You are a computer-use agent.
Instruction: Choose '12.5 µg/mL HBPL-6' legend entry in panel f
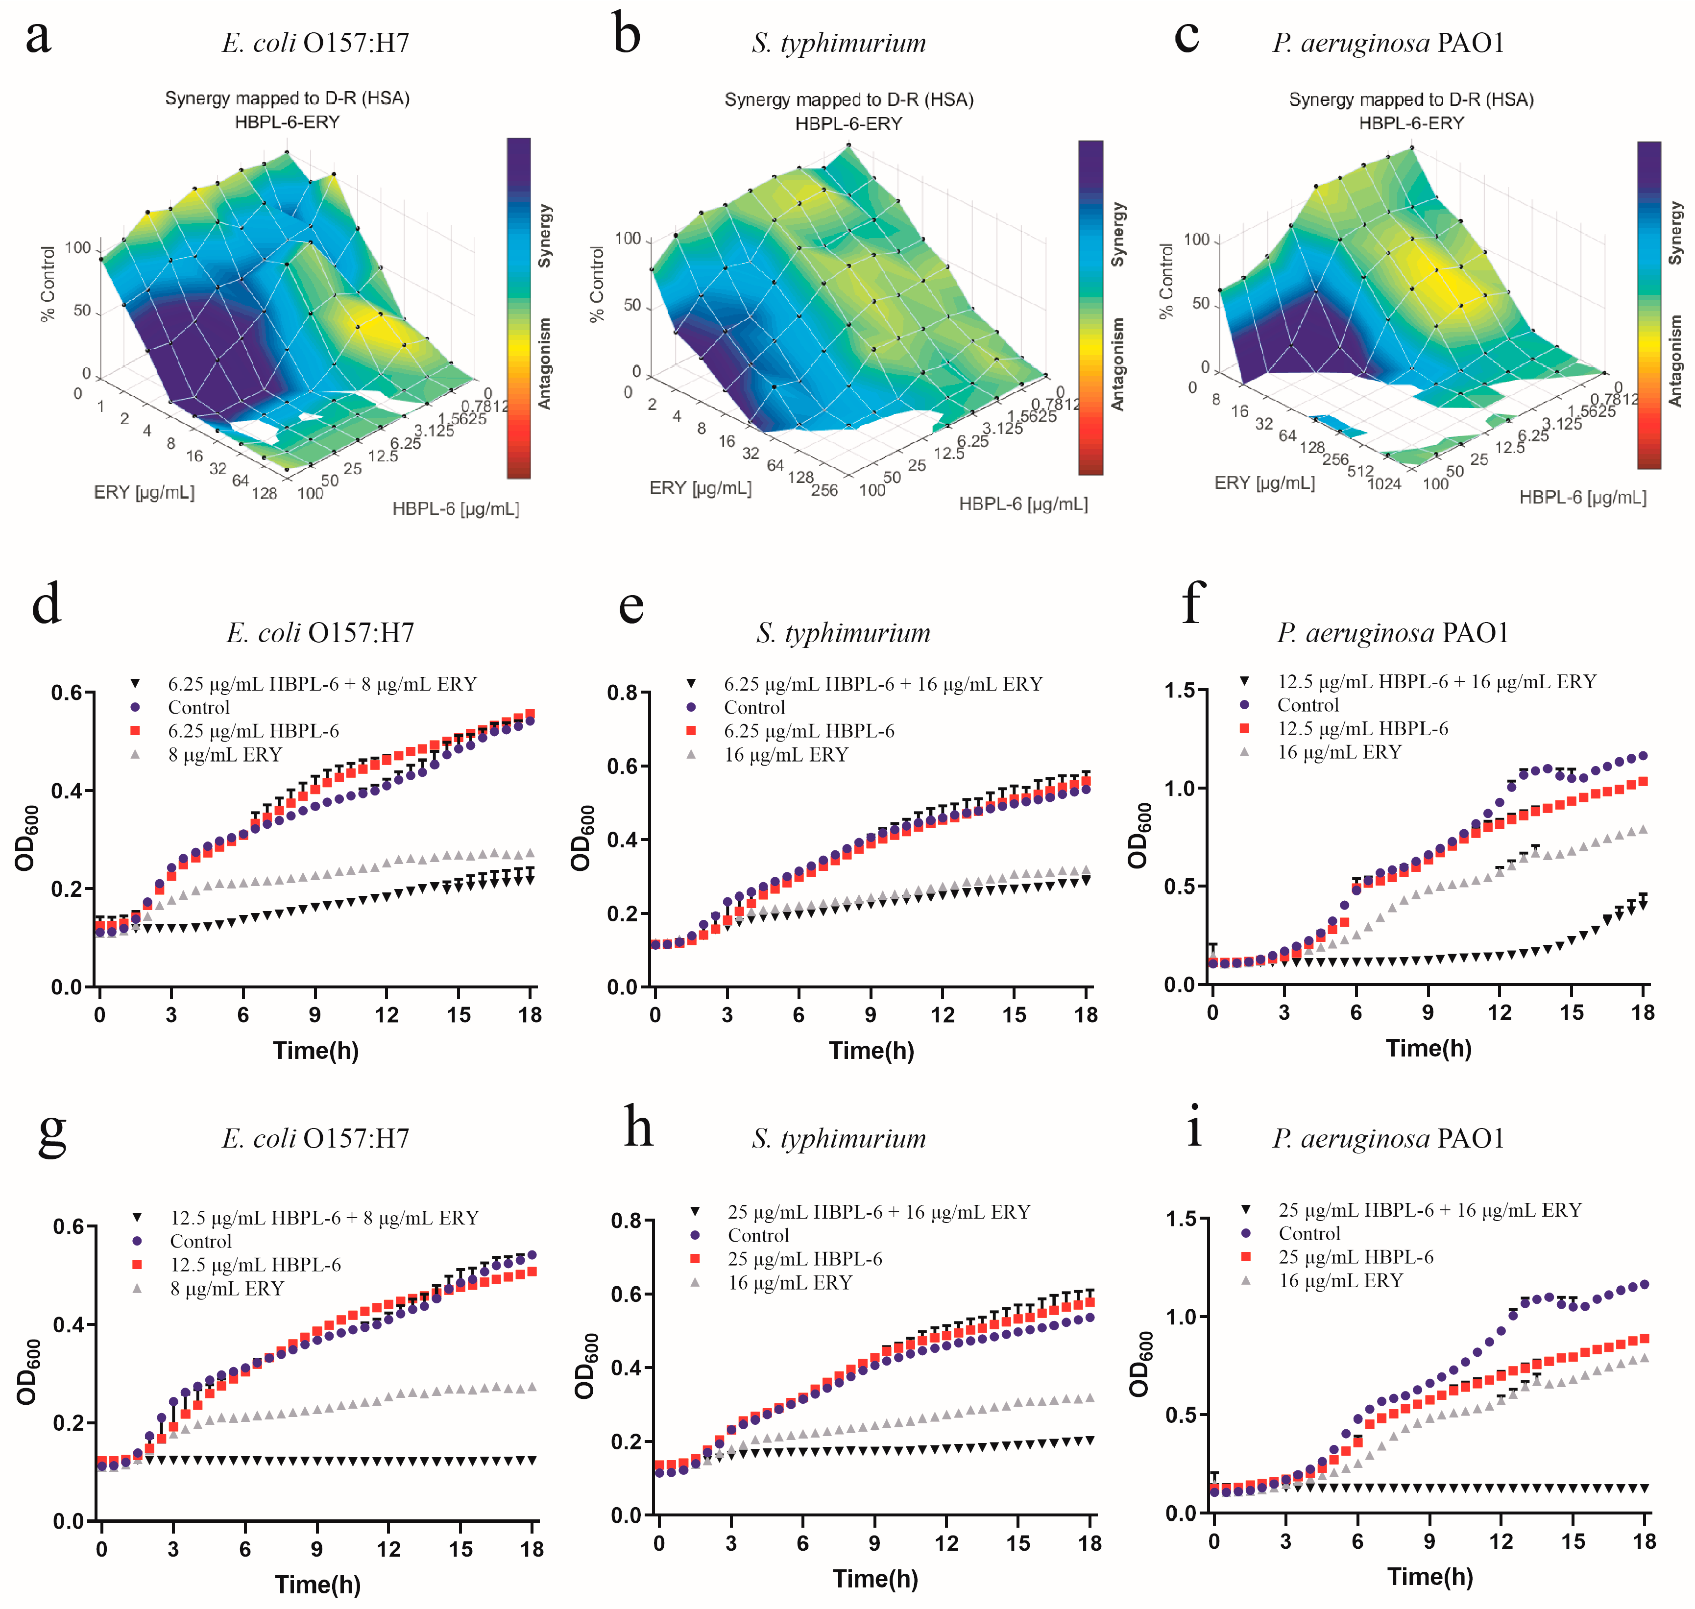coord(1362,728)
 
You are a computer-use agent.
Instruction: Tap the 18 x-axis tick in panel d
coord(530,1015)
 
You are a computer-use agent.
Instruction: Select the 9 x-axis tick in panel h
coord(874,1543)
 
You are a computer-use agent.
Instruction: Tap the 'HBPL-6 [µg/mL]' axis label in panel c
coord(1583,498)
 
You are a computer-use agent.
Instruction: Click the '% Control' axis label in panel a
coord(48,285)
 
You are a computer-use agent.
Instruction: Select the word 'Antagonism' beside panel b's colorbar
coord(1117,363)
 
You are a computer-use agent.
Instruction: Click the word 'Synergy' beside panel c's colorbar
coord(1675,233)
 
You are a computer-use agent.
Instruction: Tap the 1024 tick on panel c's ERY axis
coord(1383,484)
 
